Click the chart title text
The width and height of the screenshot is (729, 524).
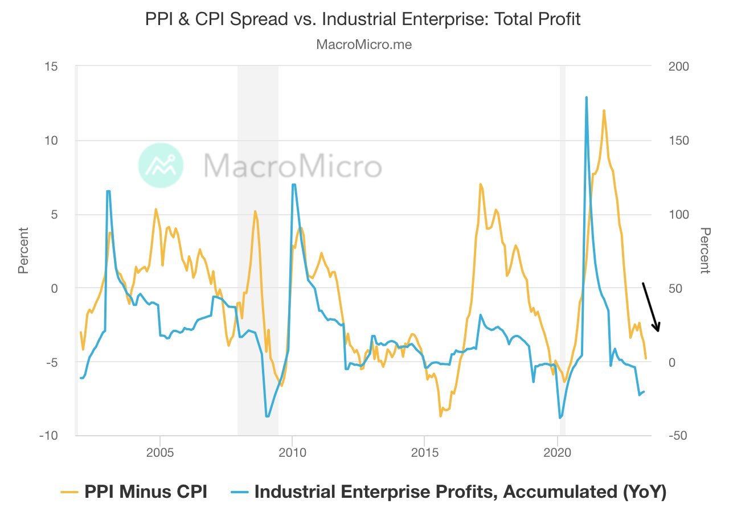(363, 19)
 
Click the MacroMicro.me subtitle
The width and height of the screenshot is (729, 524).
(364, 44)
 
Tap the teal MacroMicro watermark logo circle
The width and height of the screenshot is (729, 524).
(161, 165)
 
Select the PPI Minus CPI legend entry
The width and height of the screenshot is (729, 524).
(134, 492)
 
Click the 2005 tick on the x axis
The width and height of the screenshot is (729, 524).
(160, 454)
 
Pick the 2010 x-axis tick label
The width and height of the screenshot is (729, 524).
(292, 454)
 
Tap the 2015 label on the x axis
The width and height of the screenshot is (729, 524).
(424, 454)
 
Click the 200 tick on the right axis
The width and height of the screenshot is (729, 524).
(678, 67)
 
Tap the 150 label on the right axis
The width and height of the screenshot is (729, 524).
(678, 141)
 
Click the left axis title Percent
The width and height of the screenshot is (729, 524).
(23, 251)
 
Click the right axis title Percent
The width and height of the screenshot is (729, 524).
(705, 251)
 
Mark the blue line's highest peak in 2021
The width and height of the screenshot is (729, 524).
(586, 97)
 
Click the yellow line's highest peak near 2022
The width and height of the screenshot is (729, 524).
(604, 110)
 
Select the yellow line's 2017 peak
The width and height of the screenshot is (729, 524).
(481, 185)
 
